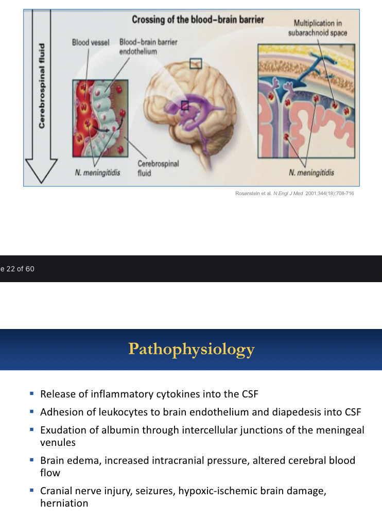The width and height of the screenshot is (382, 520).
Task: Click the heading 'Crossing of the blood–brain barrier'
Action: (x=198, y=20)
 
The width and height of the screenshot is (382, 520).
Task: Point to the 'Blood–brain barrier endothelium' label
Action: (x=142, y=47)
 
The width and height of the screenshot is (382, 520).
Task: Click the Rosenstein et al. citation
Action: (x=291, y=194)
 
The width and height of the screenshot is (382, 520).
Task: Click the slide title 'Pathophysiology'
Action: (x=191, y=350)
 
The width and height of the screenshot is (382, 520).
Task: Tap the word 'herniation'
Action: (x=64, y=504)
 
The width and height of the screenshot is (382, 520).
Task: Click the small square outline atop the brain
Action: (x=196, y=63)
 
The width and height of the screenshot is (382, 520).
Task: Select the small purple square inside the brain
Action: (x=185, y=105)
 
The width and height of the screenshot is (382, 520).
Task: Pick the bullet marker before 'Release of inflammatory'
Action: (x=31, y=395)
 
